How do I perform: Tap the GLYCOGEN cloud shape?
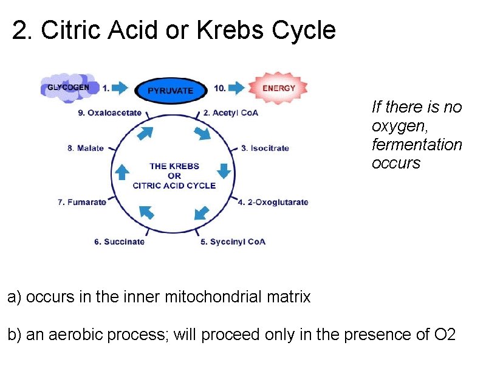coord(68,87)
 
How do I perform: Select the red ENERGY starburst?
coord(279,88)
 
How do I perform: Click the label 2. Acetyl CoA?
coord(231,113)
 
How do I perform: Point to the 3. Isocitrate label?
coord(265,148)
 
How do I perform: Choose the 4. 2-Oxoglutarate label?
coord(273,202)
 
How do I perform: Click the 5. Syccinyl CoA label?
coord(233,242)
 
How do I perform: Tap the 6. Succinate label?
coord(119,242)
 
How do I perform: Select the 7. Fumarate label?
coord(82,202)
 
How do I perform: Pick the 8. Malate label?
coord(86,148)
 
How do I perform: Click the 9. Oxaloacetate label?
coord(110,113)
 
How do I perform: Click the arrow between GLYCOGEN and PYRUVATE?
coord(120,88)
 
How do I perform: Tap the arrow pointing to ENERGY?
coord(236,88)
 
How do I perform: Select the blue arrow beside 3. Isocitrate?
coord(224,170)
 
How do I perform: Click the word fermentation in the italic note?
coord(417,145)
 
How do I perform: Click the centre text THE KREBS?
coord(174,166)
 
